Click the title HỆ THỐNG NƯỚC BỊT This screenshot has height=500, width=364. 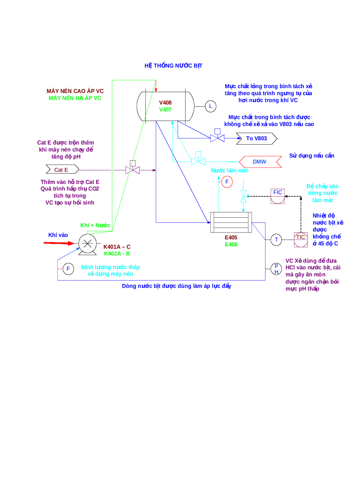pos(173,65)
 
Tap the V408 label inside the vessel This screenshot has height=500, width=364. pos(165,102)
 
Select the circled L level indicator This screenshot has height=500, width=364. pos(210,106)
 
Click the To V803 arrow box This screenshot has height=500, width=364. pos(256,138)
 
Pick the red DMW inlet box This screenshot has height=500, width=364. pos(260,162)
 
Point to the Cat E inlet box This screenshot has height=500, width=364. pos(62,170)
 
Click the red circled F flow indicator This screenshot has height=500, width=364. pos(227,182)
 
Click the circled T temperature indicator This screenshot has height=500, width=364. pos(277,240)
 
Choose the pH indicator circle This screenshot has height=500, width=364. pos(276,268)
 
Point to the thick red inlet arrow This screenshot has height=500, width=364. pos(61,243)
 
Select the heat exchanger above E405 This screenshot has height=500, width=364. pos(231,222)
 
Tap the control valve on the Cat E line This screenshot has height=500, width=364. pos(132,170)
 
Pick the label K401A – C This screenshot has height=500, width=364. pos(117,247)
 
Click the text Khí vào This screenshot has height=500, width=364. pos(58,235)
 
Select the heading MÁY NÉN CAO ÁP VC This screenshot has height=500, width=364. pos(75,91)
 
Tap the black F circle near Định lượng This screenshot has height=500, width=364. pos(68,268)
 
